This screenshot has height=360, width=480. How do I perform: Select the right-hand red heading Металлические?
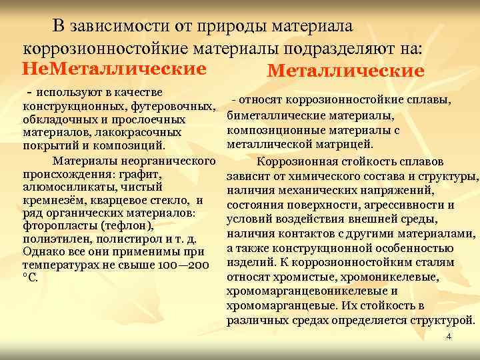[345, 71]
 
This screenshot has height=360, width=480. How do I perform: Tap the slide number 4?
[449, 337]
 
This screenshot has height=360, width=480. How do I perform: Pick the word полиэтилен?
[53, 239]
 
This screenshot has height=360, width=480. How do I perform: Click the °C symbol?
[31, 279]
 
